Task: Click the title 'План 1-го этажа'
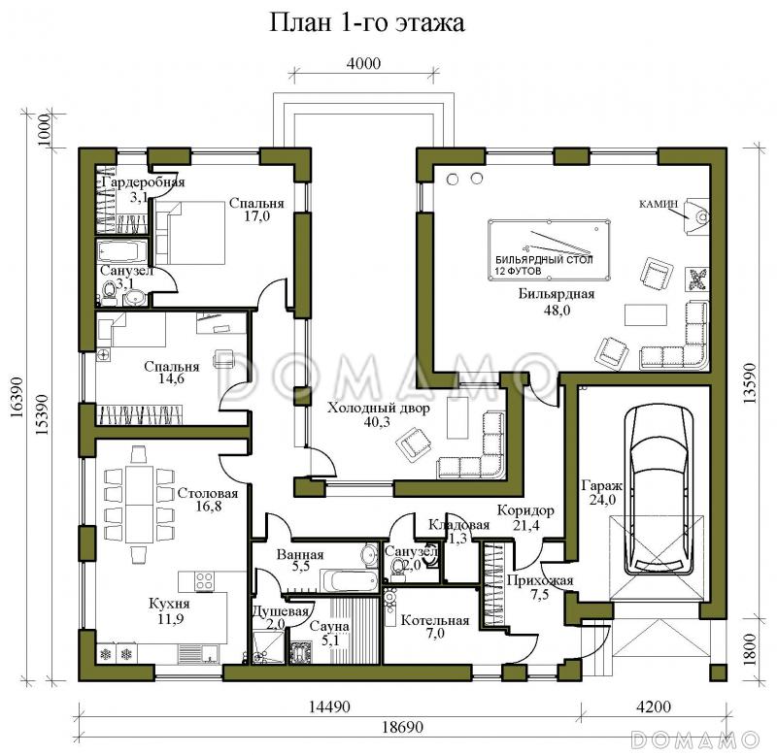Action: click(367, 23)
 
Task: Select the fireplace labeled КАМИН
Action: click(697, 216)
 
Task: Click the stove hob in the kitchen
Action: click(206, 582)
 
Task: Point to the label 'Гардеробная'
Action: click(143, 182)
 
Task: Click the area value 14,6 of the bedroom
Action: click(170, 381)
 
